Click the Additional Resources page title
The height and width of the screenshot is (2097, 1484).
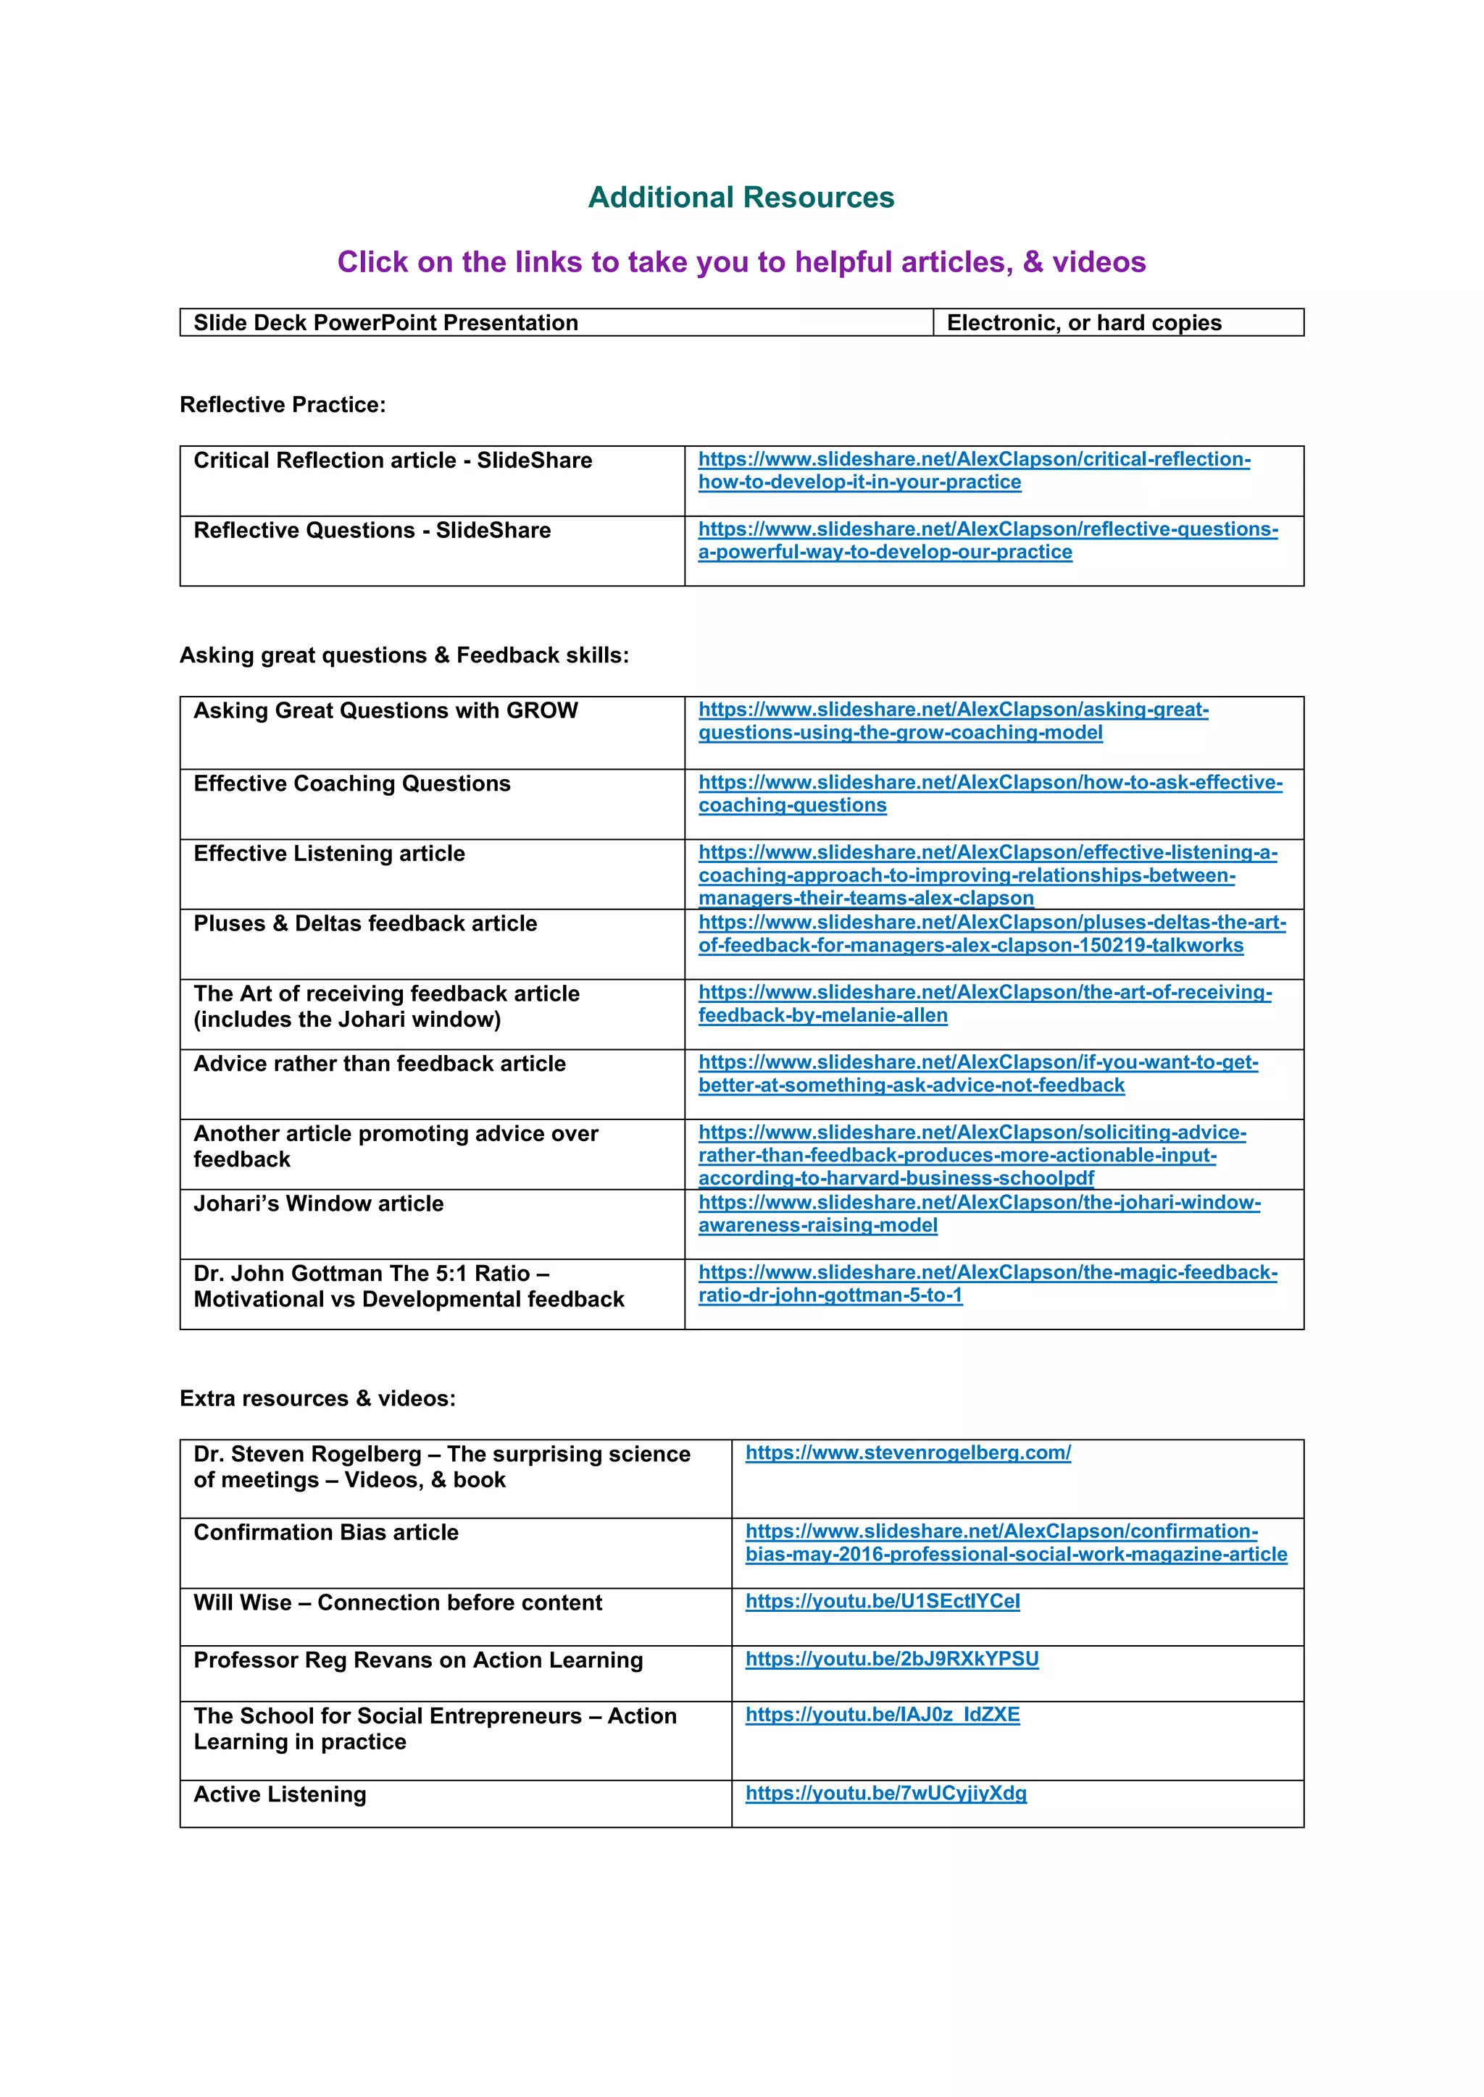click(741, 197)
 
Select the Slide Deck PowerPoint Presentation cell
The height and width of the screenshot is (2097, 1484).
click(385, 322)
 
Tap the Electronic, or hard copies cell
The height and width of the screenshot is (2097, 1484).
click(1084, 322)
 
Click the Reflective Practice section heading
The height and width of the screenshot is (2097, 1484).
click(283, 405)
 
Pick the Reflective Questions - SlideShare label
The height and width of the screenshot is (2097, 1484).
click(372, 531)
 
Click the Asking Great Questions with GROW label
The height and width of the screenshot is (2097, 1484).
click(385, 710)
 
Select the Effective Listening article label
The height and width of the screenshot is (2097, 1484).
click(329, 853)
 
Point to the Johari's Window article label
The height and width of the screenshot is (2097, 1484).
click(318, 1203)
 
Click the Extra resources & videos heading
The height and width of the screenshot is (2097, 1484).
click(317, 1398)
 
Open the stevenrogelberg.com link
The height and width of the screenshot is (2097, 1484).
click(907, 1453)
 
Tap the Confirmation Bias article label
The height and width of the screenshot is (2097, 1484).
click(326, 1533)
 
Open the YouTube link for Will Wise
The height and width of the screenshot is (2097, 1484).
click(882, 1601)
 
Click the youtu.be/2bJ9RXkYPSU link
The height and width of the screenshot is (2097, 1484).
click(892, 1659)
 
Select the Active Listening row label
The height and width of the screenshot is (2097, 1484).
click(280, 1795)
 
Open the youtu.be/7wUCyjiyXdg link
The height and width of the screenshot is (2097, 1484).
click(885, 1793)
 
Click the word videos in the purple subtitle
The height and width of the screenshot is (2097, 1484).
click(1099, 262)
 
